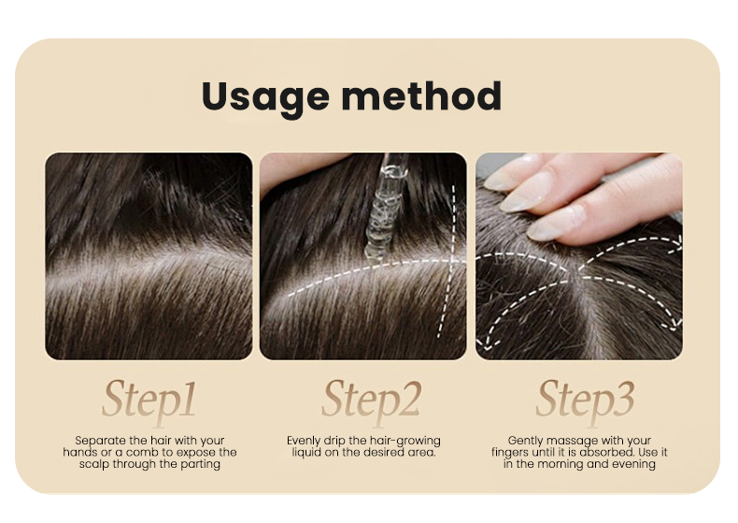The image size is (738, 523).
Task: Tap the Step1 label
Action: pyautogui.click(x=149, y=400)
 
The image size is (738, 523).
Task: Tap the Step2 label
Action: pyautogui.click(x=372, y=400)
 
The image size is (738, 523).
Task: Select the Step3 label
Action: pyautogui.click(x=585, y=400)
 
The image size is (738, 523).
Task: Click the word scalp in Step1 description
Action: pyautogui.click(x=95, y=464)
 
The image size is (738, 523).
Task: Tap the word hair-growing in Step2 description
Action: pyautogui.click(x=408, y=441)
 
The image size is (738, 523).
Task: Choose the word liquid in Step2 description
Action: pyautogui.click(x=305, y=453)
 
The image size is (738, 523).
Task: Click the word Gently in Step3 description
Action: pyautogui.click(x=527, y=441)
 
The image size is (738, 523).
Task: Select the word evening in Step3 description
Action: pyautogui.click(x=633, y=464)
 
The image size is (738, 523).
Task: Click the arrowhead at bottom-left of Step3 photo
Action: pyautogui.click(x=482, y=352)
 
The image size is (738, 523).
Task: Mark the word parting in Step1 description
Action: pyautogui.click(x=201, y=464)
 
